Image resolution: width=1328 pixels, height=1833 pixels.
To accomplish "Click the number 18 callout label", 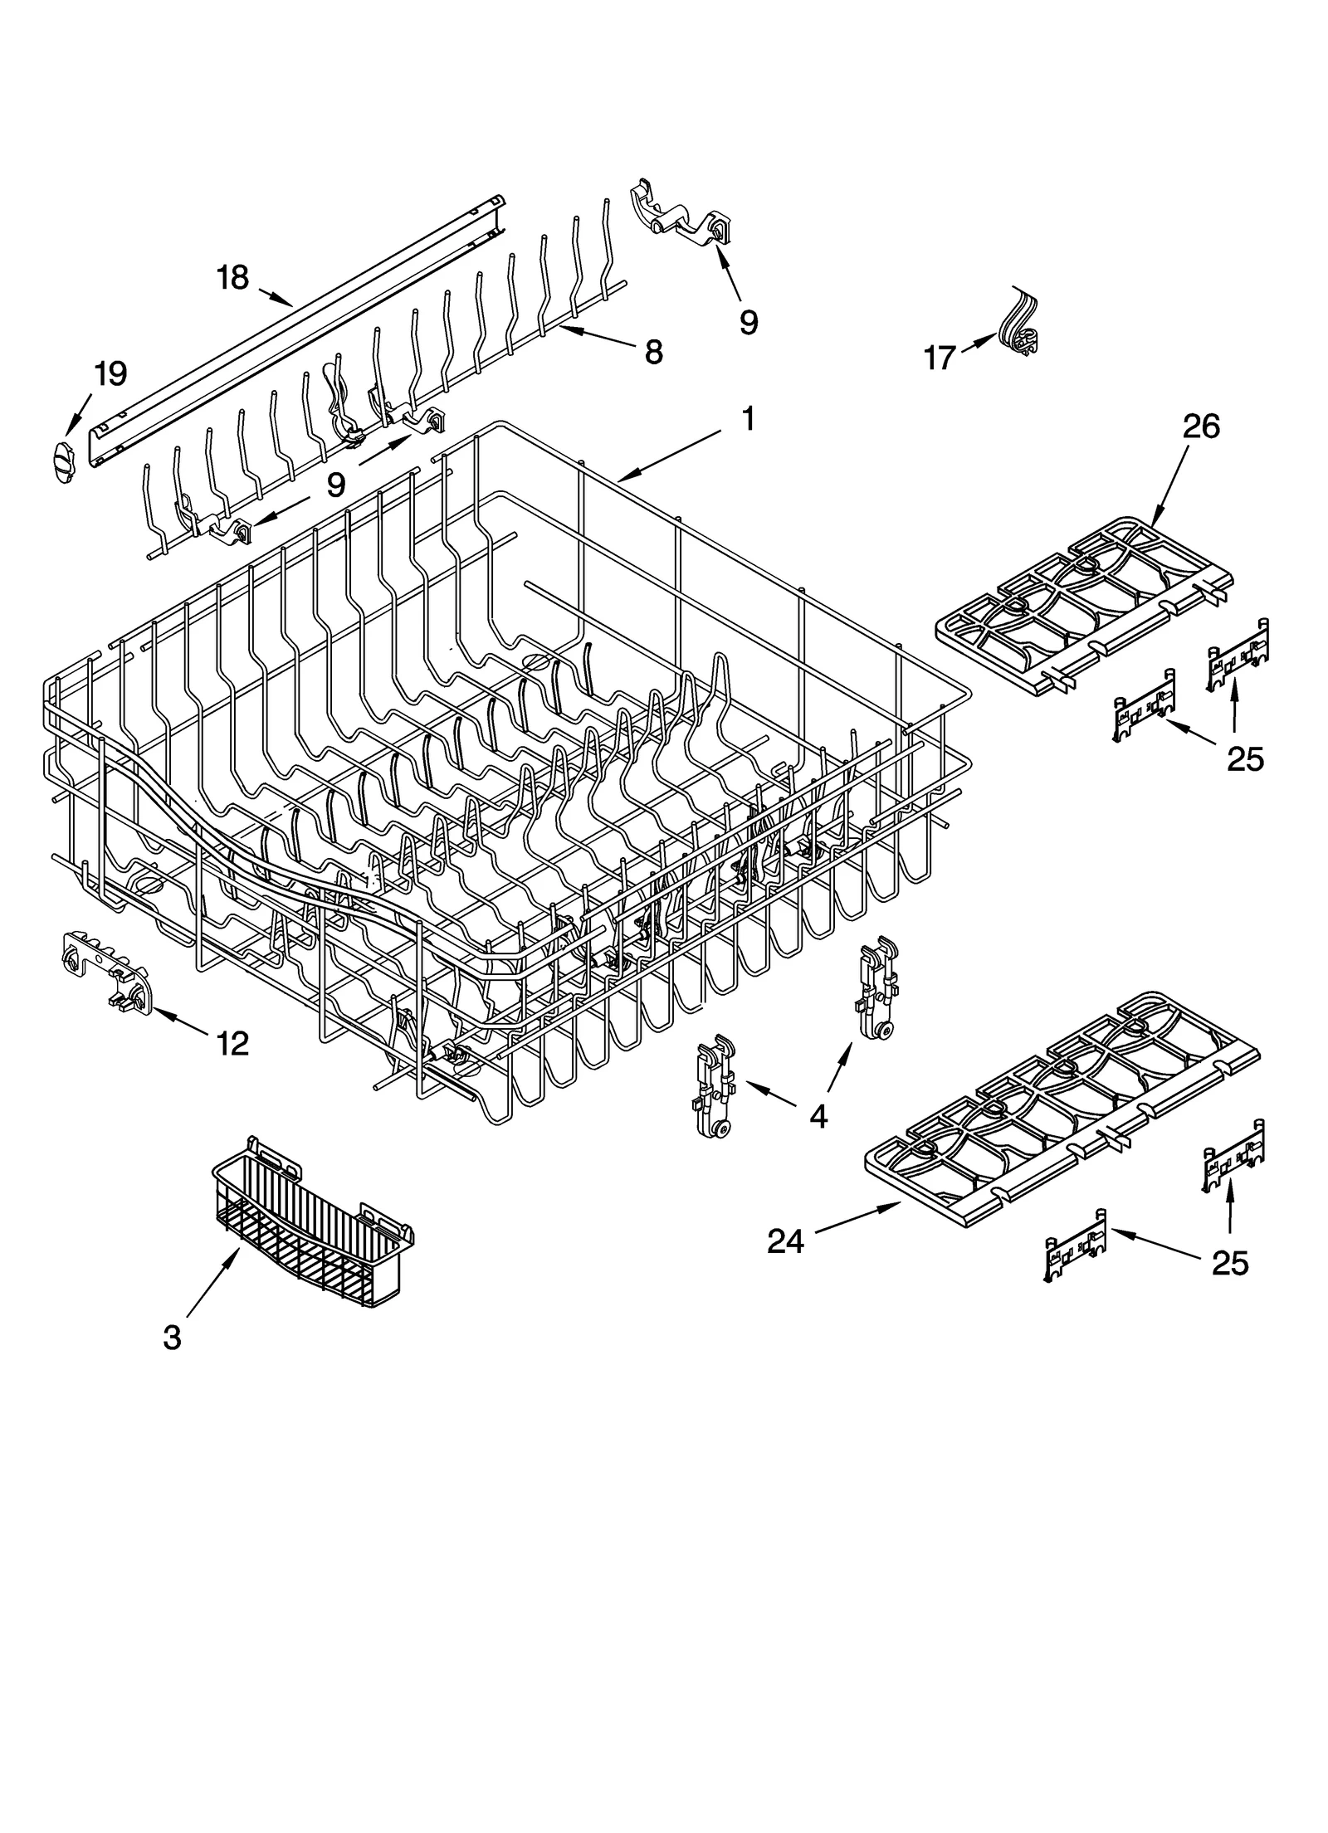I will [x=233, y=277].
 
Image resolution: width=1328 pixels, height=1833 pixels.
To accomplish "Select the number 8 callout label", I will [x=653, y=353].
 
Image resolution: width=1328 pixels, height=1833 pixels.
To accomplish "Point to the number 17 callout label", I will [x=940, y=358].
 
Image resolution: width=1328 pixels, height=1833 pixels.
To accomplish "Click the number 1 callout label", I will [x=747, y=419].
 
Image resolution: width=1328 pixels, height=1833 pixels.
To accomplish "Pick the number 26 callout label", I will [x=1202, y=427].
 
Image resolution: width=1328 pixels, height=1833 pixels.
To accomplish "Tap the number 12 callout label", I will [x=232, y=1044].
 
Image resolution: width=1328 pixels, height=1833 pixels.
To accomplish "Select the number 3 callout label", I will [x=172, y=1338].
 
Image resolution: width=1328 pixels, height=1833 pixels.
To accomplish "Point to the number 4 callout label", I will [x=818, y=1117].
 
